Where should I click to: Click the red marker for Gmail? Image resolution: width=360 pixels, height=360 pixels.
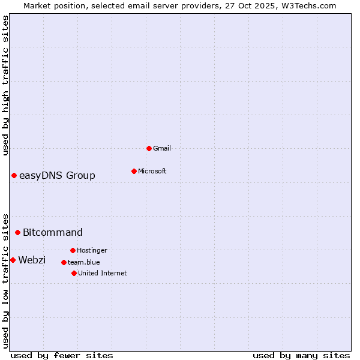pos(149,148)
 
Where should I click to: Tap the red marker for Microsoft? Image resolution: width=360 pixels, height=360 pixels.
pos(134,171)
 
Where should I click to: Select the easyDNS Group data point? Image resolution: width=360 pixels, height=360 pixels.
pos(14,175)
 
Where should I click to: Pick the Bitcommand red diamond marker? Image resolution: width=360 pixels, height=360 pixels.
pos(17,232)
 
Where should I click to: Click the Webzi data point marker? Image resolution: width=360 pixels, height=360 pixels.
pos(13,260)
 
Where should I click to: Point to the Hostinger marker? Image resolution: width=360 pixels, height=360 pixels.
pos(73,250)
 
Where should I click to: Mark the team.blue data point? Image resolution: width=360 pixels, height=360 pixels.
pos(64,262)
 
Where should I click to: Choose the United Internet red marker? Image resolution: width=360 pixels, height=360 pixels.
pos(74,273)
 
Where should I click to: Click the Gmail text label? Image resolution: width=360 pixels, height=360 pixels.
pos(162,148)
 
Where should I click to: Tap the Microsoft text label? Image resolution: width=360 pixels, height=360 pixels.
pos(152,171)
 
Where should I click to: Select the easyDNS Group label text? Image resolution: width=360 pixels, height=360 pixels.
pos(57,175)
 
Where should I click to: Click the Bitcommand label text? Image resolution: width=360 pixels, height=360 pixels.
pos(53,232)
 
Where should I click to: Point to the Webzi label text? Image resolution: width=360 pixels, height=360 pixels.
pos(32,260)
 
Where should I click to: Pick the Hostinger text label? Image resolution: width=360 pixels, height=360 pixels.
pos(92,250)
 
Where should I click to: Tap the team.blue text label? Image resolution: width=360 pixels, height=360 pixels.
pos(84,262)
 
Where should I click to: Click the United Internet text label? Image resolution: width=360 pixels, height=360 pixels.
pos(103,273)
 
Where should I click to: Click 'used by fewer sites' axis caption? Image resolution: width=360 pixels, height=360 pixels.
pos(62,355)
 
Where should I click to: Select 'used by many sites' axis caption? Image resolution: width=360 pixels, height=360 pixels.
pos(301,355)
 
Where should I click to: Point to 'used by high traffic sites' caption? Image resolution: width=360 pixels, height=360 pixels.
pos(5,86)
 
